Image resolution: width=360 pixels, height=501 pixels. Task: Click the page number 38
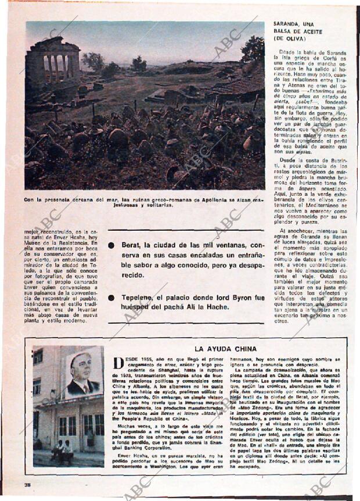(27, 485)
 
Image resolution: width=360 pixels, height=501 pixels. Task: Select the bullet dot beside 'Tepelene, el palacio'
(111, 298)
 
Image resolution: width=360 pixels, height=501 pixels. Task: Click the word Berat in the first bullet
(133, 246)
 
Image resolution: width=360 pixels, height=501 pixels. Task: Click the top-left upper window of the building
(38, 356)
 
